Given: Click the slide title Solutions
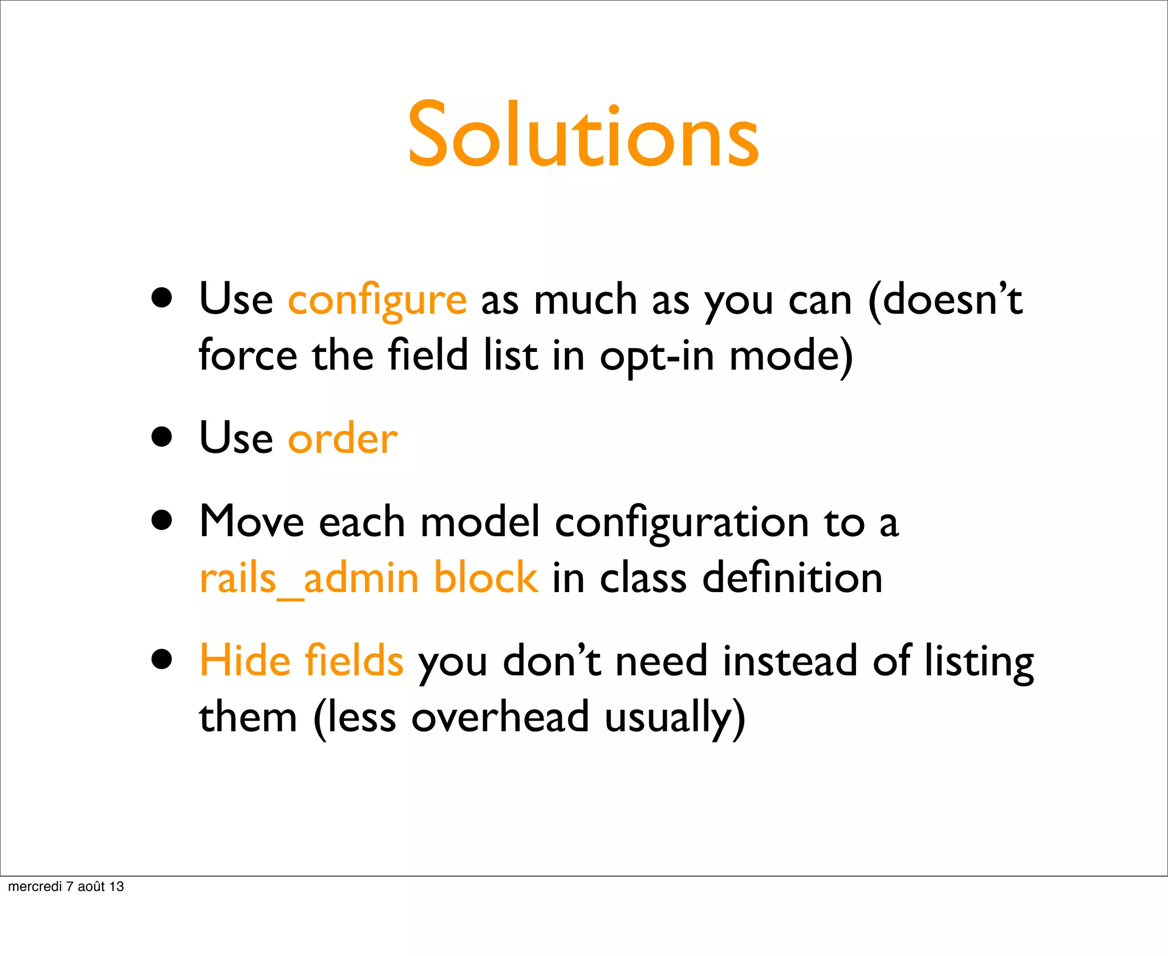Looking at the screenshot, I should (x=583, y=136).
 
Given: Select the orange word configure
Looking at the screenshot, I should (x=377, y=301).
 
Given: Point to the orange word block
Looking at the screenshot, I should (x=485, y=577).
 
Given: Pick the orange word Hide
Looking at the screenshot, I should (x=245, y=661).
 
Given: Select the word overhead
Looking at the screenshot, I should (x=500, y=717).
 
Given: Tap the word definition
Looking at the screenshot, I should (x=792, y=577).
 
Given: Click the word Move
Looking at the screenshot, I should (x=252, y=521).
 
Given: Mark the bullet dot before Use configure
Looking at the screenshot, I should (x=163, y=298).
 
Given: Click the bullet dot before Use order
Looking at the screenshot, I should (x=163, y=437).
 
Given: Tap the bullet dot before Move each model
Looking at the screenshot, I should (x=163, y=520).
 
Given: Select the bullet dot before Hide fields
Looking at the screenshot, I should (x=163, y=659).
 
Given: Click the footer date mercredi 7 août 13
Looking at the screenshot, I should (x=66, y=886).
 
